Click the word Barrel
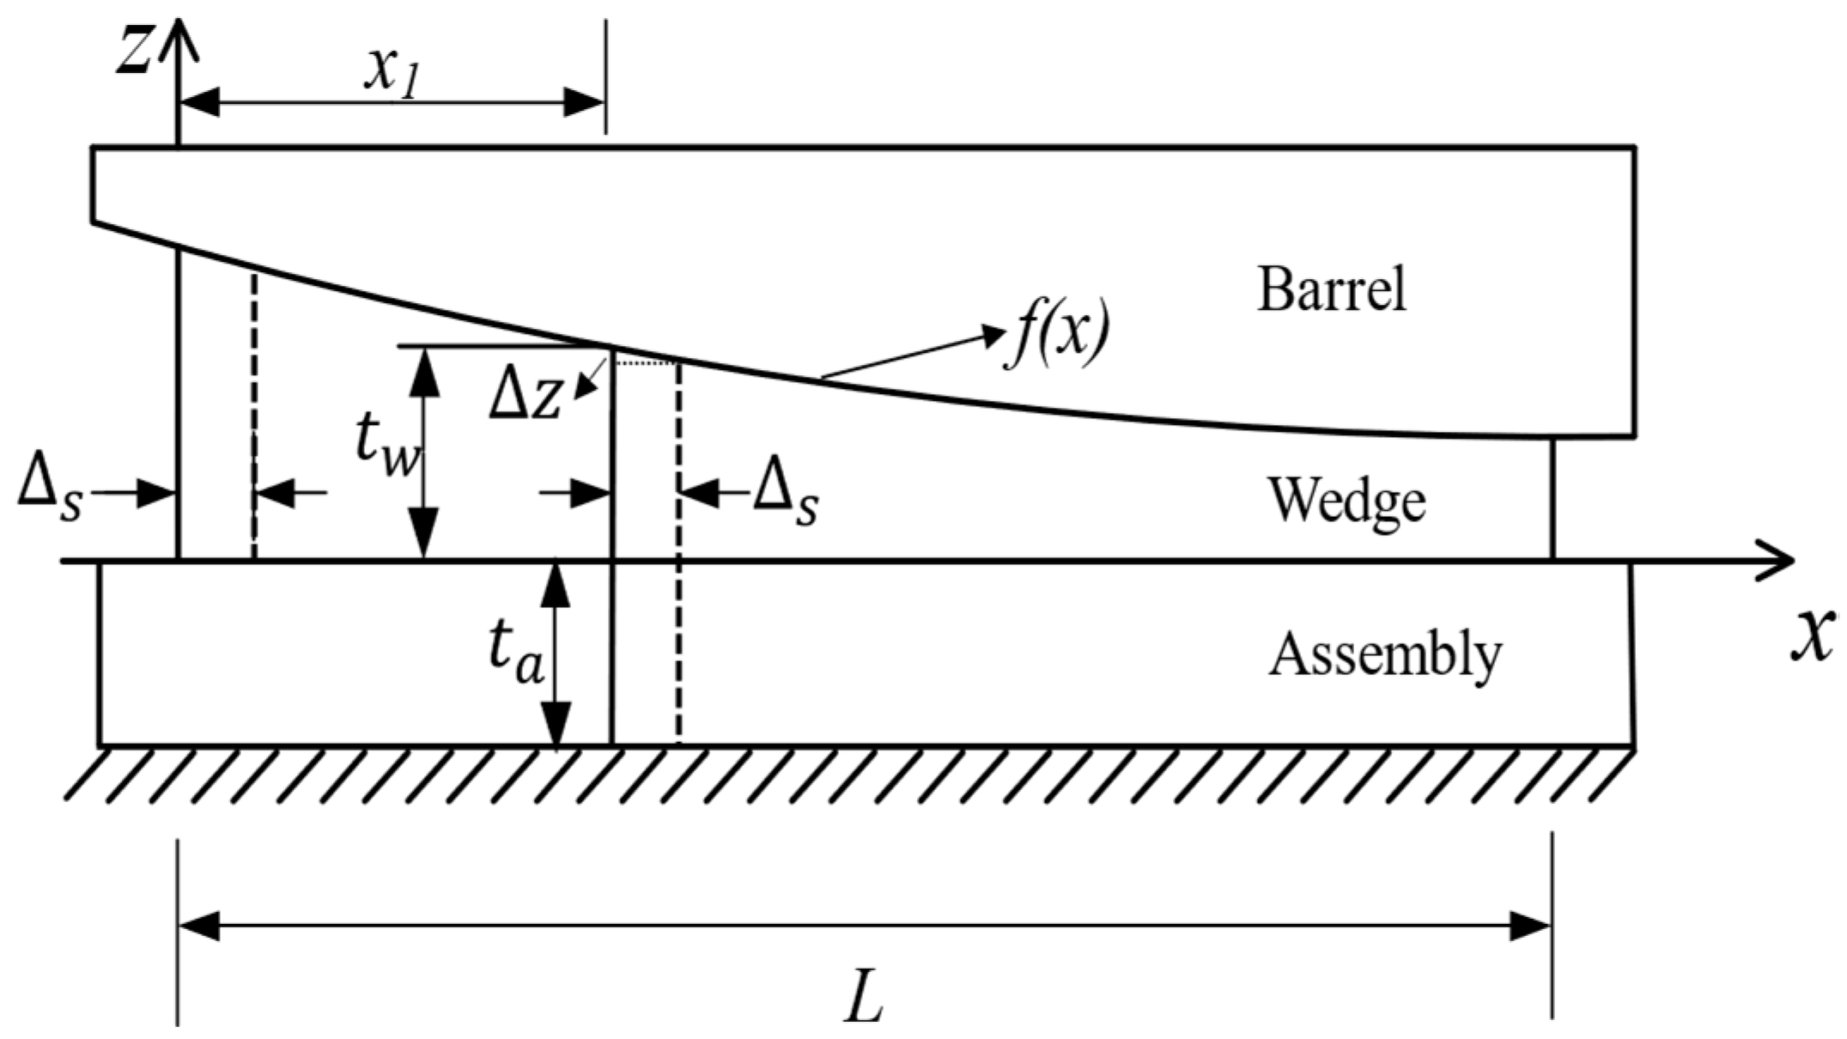pos(1332,289)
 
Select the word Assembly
pos(1385,656)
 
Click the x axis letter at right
pos(1814,635)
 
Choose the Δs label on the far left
pos(51,495)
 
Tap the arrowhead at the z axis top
pos(178,34)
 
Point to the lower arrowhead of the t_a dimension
pos(557,726)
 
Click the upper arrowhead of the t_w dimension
pos(423,371)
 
